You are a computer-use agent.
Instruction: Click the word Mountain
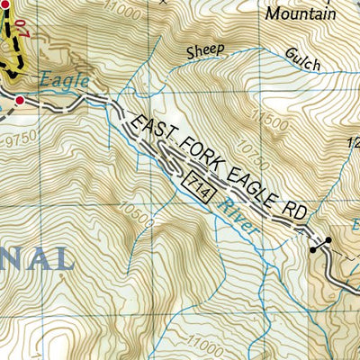pyautogui.click(x=301, y=13)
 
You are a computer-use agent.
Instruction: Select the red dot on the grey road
pyautogui.click(x=19, y=98)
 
